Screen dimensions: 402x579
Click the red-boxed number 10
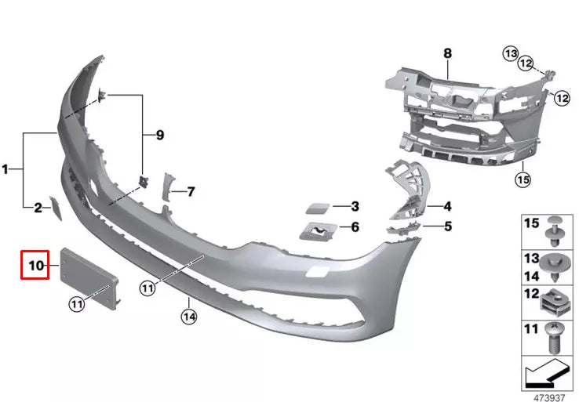point(35,266)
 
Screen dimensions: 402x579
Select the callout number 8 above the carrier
point(448,53)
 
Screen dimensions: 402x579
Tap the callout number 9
point(160,135)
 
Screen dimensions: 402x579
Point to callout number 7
point(191,190)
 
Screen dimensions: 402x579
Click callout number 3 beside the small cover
point(355,207)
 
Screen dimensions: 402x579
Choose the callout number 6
point(355,227)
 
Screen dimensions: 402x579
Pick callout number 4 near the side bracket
point(447,207)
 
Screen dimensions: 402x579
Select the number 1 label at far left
point(5,168)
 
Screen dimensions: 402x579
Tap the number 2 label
point(37,208)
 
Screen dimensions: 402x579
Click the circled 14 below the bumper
point(189,317)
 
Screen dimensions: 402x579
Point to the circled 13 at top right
point(512,53)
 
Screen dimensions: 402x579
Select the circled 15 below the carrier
point(523,179)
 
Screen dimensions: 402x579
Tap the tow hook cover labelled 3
point(316,208)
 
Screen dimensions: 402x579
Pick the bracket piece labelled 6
point(317,230)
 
